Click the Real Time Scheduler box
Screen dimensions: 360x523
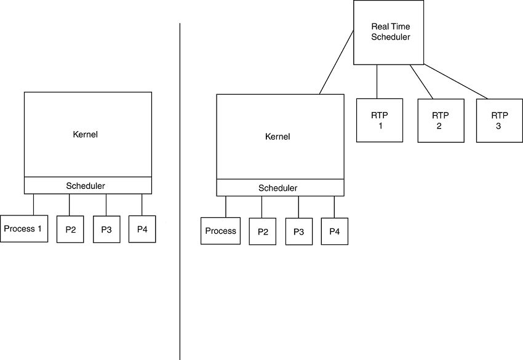click(x=388, y=32)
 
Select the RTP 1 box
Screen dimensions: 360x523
click(x=380, y=121)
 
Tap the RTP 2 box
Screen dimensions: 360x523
click(x=441, y=121)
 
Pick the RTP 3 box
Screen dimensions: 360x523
click(x=499, y=121)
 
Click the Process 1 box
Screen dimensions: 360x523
click(x=23, y=229)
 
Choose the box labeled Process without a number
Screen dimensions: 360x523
click(x=220, y=231)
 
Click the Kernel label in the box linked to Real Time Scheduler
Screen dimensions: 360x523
click(x=277, y=137)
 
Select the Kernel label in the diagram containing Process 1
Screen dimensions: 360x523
click(x=85, y=134)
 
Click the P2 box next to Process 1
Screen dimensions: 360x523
click(x=70, y=230)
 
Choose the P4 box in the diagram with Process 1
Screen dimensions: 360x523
click(x=142, y=229)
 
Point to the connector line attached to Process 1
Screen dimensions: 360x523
click(x=33, y=204)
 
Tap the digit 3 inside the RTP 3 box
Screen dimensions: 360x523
click(x=498, y=126)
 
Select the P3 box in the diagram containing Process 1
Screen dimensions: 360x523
click(x=106, y=230)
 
